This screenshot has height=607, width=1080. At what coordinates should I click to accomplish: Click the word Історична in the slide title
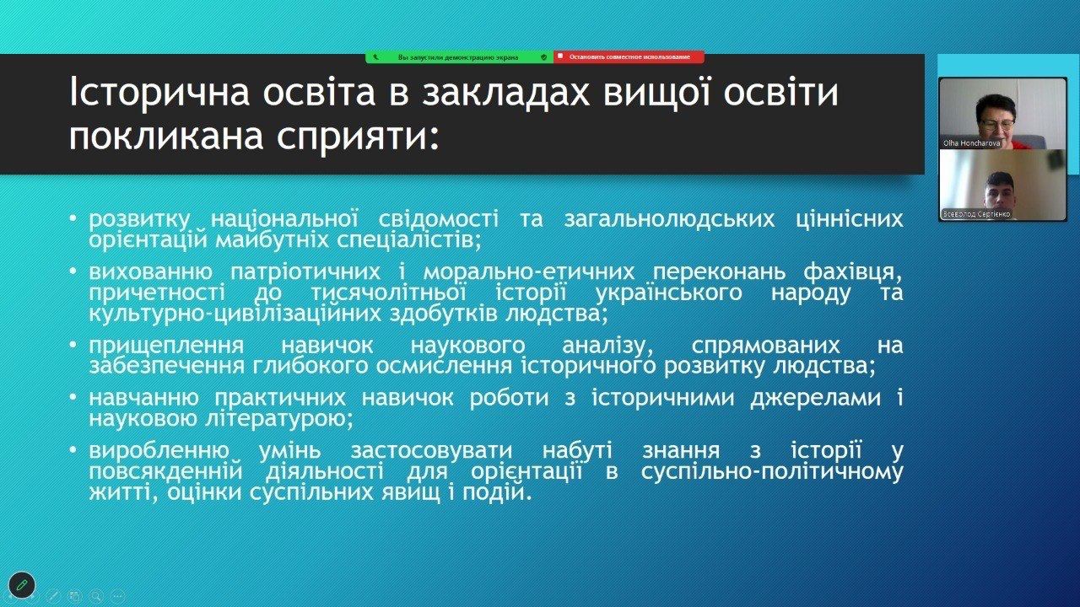[x=159, y=92]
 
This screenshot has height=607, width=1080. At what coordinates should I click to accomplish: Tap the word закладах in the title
[x=505, y=94]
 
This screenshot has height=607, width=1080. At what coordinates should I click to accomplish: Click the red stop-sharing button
[x=629, y=56]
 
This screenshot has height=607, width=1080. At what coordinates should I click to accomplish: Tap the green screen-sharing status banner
[x=460, y=56]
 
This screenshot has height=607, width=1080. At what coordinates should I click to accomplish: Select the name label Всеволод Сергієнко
[x=976, y=214]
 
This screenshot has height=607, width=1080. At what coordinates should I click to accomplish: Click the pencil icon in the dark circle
[x=22, y=585]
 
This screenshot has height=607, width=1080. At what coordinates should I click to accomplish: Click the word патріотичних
[x=305, y=272]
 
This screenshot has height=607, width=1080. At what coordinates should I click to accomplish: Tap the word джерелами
[x=816, y=399]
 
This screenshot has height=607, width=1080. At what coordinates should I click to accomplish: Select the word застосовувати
[x=431, y=451]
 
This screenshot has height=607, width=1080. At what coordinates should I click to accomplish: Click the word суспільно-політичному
[x=772, y=472]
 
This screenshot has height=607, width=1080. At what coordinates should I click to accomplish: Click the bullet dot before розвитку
[x=73, y=218]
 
